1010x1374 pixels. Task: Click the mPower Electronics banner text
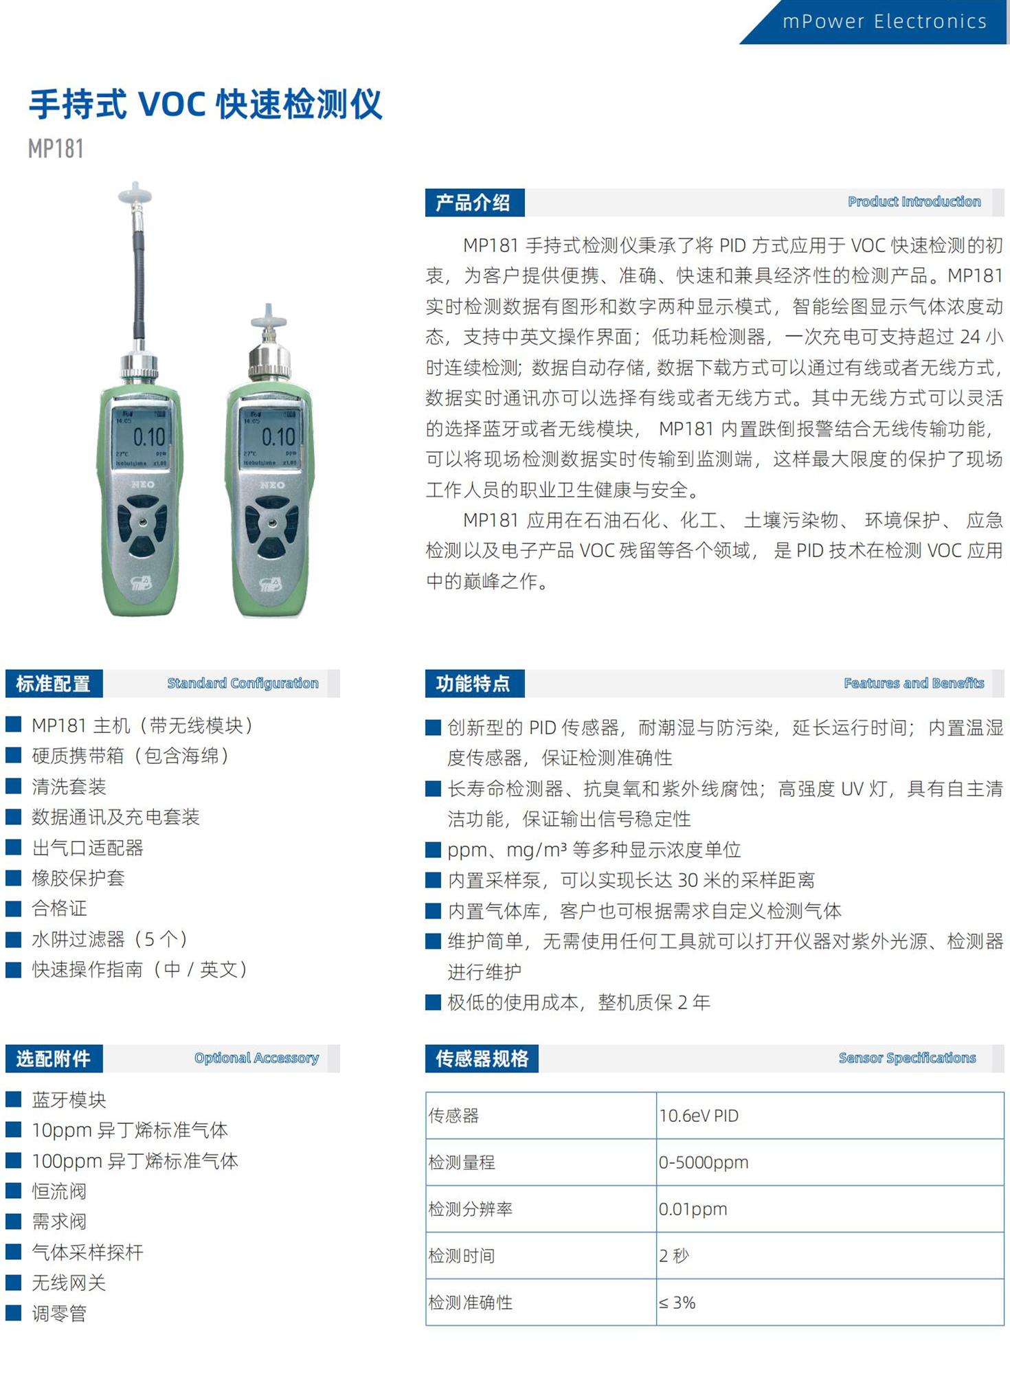[x=884, y=21]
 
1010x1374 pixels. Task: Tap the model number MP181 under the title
[x=56, y=148]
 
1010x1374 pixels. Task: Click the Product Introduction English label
[x=914, y=201]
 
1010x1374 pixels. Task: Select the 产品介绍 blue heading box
[x=474, y=203]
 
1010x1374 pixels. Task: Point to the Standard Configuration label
[x=243, y=683]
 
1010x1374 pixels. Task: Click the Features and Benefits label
[x=914, y=683]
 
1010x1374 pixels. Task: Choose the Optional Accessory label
[x=256, y=1058]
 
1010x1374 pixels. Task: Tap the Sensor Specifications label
[x=907, y=1058]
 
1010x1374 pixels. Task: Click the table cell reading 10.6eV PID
[x=830, y=1116]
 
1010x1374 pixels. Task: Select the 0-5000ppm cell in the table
[x=830, y=1162]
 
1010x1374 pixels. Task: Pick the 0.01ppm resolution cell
[x=830, y=1209]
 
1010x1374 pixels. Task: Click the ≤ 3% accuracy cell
[x=830, y=1303]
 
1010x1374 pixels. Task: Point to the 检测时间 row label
[x=462, y=1256]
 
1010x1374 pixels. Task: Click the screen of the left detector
[x=141, y=437]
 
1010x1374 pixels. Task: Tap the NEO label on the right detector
[x=272, y=485]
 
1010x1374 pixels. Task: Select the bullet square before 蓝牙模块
[x=14, y=1099]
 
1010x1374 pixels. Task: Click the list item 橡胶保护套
[x=78, y=878]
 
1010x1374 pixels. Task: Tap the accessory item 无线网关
[x=69, y=1283]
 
